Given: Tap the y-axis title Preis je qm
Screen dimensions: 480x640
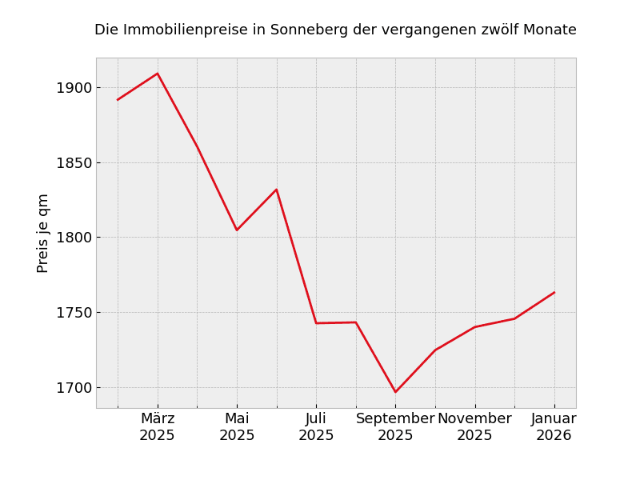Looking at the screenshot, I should point(43,233).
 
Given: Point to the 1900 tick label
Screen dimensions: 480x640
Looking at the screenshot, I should point(74,88).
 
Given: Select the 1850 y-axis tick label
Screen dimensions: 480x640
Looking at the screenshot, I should point(74,162).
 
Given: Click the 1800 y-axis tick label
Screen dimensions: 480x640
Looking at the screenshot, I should point(74,238).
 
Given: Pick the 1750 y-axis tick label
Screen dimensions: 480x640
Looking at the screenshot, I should point(74,313).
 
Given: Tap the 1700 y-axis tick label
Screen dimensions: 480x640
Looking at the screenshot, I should point(74,388).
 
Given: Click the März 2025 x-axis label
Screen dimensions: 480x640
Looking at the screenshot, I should point(158,427).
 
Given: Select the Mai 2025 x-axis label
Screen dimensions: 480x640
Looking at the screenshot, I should point(237,427).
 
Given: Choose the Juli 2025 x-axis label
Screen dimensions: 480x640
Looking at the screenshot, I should point(316,427).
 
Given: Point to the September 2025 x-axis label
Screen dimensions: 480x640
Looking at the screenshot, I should point(395,427).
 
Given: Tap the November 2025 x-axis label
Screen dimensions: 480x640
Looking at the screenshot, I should point(474,427).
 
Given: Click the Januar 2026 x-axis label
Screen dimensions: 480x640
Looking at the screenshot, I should point(554,427).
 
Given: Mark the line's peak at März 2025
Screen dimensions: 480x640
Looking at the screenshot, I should point(158,74).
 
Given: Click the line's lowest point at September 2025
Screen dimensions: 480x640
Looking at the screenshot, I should point(395,392).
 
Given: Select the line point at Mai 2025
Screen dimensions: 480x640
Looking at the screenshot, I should point(237,230).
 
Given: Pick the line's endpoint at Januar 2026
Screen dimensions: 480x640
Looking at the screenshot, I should point(554,292).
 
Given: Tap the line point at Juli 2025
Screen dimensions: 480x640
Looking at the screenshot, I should point(316,323).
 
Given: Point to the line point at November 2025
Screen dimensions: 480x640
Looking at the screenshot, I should point(474,327).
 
